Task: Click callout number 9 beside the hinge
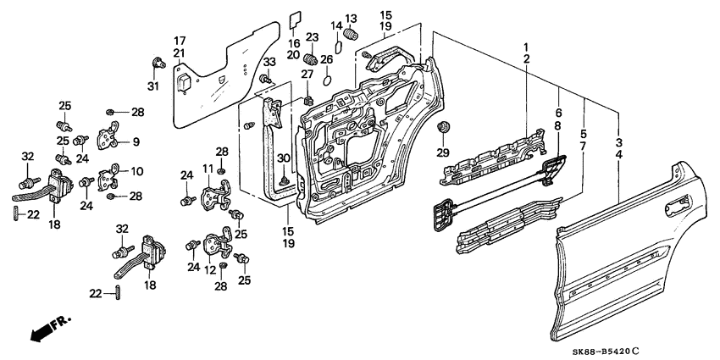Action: [136, 141]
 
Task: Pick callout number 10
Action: [136, 171]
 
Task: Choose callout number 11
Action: [207, 169]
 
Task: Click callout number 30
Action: [284, 158]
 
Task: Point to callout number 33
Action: [269, 63]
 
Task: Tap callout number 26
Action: [327, 59]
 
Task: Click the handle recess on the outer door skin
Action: [678, 203]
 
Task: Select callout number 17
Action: [180, 40]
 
